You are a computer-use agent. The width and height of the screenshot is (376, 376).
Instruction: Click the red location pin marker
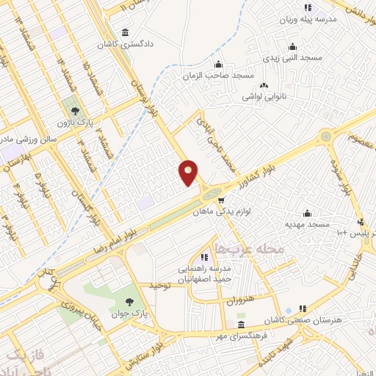[x=189, y=172]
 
